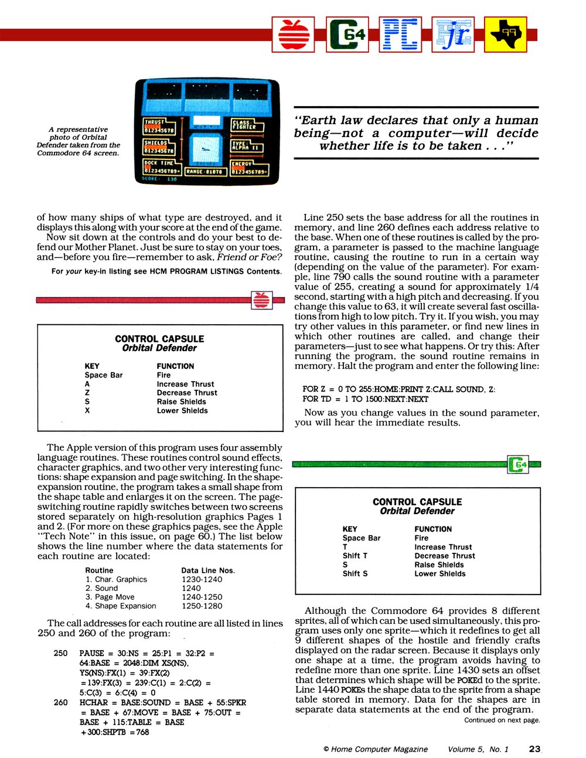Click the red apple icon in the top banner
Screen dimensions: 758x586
[x=293, y=35]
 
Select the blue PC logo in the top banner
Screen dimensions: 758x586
[x=400, y=35]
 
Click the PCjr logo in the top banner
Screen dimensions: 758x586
[x=452, y=35]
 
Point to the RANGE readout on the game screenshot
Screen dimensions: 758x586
[x=204, y=172]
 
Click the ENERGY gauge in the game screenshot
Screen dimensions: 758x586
[x=249, y=168]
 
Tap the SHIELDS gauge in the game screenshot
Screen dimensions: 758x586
[x=160, y=147]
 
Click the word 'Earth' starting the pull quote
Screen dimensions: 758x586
[x=319, y=120]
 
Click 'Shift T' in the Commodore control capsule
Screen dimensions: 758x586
[x=355, y=556]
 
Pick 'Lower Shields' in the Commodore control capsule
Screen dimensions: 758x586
[x=439, y=573]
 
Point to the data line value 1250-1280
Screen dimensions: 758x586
[x=202, y=606]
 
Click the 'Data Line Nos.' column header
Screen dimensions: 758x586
[x=208, y=570]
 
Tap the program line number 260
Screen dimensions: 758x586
[x=60, y=702]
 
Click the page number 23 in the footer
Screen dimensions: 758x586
[x=534, y=749]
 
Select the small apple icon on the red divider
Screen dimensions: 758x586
[x=261, y=300]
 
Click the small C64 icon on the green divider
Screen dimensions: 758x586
[x=519, y=465]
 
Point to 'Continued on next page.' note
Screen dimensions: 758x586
[x=502, y=720]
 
